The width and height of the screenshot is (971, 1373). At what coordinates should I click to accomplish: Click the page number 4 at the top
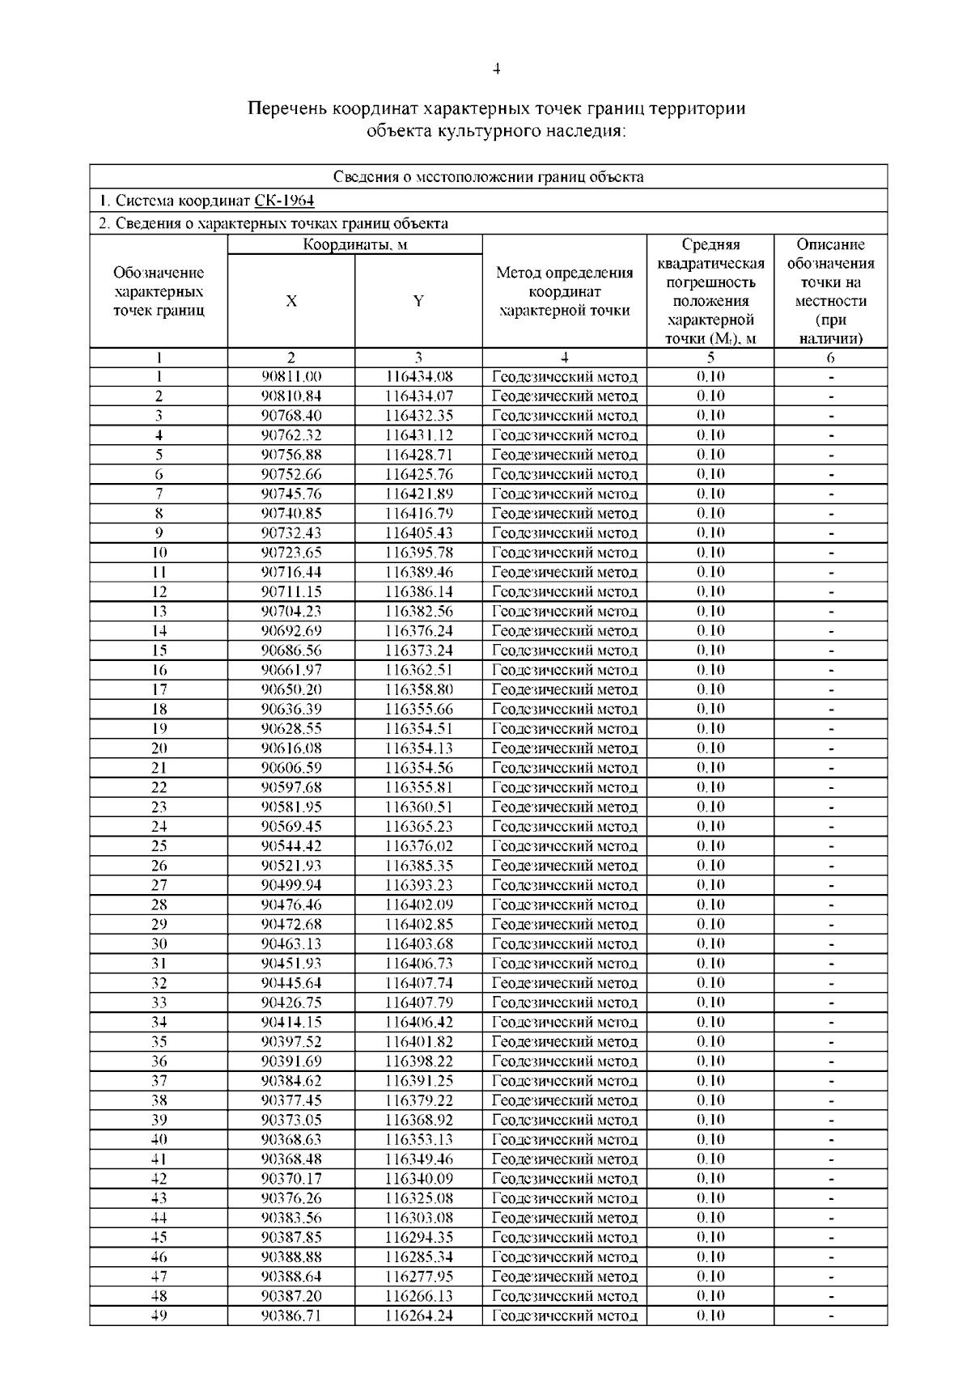tap(496, 70)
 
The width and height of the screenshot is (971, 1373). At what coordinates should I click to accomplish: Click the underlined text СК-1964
tap(284, 201)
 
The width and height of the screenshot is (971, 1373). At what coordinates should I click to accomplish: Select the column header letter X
tap(291, 302)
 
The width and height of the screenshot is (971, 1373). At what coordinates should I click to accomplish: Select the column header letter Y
tap(418, 302)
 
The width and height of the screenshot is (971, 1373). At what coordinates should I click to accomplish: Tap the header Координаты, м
tap(355, 245)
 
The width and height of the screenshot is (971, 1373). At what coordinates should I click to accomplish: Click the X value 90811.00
tap(291, 376)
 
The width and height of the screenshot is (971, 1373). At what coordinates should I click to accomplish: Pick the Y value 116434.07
tap(418, 396)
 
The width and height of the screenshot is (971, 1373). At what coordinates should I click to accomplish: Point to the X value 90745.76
tap(291, 494)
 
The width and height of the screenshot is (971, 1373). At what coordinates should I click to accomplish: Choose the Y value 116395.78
tap(418, 553)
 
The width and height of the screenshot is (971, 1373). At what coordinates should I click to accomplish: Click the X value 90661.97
tap(291, 670)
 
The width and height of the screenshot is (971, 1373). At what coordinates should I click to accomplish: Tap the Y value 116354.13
tap(418, 748)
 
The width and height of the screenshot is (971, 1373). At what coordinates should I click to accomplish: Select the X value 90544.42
tap(291, 846)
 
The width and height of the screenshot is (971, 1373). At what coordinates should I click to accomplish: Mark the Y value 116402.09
tap(418, 905)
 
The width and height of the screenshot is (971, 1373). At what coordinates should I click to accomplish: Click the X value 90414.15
tap(291, 1022)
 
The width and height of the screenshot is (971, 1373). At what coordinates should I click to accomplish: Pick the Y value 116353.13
tap(418, 1139)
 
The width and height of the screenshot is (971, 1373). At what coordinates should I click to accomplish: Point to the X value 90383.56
tap(291, 1218)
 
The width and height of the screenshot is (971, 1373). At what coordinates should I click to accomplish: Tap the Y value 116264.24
tap(418, 1316)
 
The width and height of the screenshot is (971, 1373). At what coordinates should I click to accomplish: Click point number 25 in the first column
tap(159, 846)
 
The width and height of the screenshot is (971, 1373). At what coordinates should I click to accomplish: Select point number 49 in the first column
tap(159, 1316)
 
